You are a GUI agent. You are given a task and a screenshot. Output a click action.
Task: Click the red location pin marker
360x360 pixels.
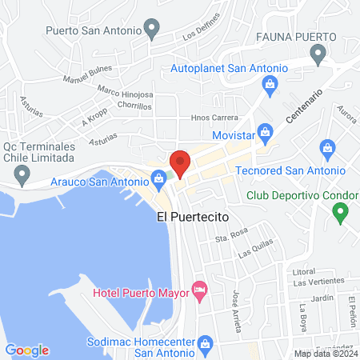tap(180, 162)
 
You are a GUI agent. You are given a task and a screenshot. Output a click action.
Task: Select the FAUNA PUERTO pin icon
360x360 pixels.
tap(318, 54)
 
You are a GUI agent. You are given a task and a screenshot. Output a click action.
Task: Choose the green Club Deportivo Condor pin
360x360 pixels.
tap(340, 212)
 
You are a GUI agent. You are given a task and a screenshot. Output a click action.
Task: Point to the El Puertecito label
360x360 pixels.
tap(193, 217)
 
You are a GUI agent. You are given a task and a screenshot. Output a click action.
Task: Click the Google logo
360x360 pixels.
tap(27, 350)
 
